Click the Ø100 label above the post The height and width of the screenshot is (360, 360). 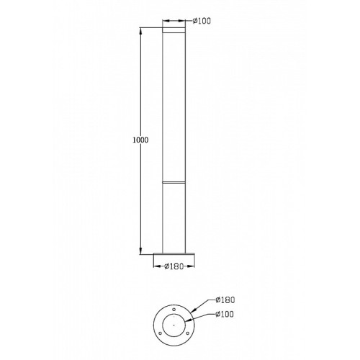pos(202,21)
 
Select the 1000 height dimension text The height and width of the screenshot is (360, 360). pos(140,140)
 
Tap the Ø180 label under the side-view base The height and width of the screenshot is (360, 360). pos(174,266)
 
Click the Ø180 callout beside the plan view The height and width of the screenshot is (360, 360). pos(225,300)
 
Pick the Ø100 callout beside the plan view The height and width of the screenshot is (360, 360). pos(225,314)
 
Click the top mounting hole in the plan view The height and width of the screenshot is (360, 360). pos(174,310)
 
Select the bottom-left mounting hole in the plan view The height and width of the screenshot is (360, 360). pos(160,333)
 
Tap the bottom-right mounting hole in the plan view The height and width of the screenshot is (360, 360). pos(188,333)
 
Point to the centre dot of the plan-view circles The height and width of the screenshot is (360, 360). pos(174,325)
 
